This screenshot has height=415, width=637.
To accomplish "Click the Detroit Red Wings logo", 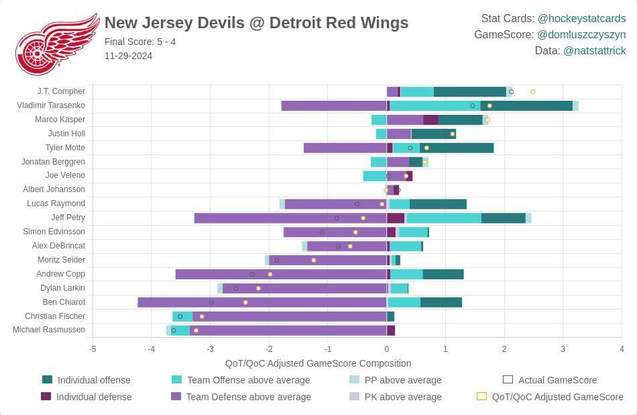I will (56, 44).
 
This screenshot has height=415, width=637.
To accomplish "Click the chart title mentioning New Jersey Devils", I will (256, 23).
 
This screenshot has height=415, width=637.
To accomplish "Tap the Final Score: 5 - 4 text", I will (140, 42).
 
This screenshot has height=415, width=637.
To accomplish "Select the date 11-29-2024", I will (128, 56).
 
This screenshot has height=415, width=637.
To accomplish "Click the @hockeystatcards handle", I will (581, 18).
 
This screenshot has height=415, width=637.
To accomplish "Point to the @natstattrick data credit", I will (594, 50).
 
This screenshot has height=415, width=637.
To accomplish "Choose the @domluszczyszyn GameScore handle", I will (581, 34).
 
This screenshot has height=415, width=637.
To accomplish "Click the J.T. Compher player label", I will (61, 91).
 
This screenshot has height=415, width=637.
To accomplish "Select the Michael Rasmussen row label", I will (49, 330).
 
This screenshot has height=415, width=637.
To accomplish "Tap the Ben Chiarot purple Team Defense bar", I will (262, 302).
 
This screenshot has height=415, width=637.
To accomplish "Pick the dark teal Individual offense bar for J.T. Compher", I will (469, 91).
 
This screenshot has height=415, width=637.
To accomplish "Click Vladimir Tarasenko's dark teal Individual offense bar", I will (526, 105).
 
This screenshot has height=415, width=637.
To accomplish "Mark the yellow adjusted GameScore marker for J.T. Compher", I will (533, 91).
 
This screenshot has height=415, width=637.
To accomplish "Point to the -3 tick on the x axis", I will (210, 349).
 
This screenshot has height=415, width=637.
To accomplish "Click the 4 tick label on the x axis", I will (622, 349).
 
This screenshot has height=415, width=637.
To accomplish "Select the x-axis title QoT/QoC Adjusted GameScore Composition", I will (318, 363).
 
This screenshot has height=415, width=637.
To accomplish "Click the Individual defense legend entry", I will (86, 397).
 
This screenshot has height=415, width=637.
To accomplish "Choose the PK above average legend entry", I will (396, 397).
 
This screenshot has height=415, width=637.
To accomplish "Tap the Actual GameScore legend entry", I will (548, 380).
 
